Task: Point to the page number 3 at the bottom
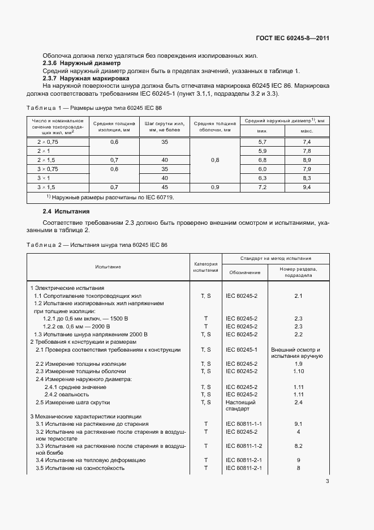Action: pyautogui.click(x=328, y=481)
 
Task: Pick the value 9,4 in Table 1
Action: pyautogui.click(x=307, y=186)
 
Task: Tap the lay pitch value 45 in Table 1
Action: pyautogui.click(x=165, y=186)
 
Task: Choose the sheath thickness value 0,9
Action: pyautogui.click(x=215, y=186)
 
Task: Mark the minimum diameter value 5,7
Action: pyautogui.click(x=262, y=142)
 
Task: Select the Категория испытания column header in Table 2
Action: pyautogui.click(x=205, y=267)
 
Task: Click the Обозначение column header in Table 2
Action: pyautogui.click(x=245, y=272)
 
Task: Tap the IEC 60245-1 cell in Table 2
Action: pyautogui.click(x=242, y=350)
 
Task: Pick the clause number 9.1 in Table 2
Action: pyautogui.click(x=299, y=424)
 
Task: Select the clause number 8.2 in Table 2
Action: pyautogui.click(x=299, y=446)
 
